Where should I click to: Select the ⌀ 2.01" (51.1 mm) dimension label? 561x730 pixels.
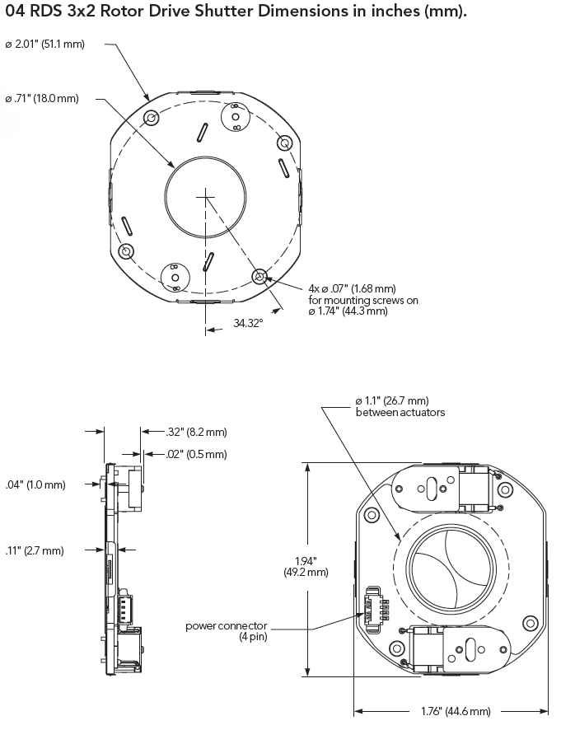(44, 43)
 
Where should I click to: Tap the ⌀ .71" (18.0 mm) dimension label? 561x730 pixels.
(42, 99)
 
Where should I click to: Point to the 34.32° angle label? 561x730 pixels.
(247, 324)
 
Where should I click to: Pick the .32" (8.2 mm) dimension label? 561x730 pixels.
(196, 431)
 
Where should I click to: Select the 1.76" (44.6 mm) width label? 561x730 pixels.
(451, 711)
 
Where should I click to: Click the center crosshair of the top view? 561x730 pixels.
(204, 195)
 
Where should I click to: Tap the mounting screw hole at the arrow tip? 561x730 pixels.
(259, 277)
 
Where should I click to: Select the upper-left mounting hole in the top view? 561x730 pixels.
(151, 119)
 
